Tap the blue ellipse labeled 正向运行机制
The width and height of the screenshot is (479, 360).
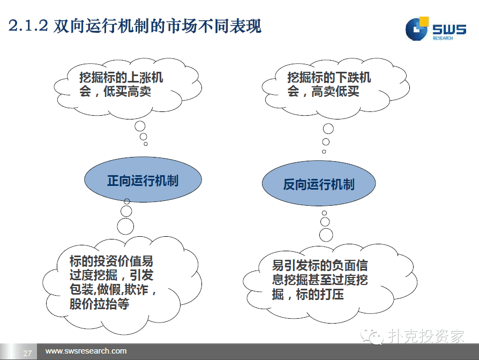click(x=143, y=179)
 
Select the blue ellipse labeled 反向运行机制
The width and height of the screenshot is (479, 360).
click(x=319, y=183)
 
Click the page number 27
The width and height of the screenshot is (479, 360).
click(x=27, y=353)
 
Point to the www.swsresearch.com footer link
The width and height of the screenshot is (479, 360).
click(x=86, y=351)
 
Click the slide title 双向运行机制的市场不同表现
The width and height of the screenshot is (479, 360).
click(x=158, y=26)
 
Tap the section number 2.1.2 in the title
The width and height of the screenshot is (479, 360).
click(x=28, y=26)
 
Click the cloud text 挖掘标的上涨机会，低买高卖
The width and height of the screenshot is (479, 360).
click(x=121, y=84)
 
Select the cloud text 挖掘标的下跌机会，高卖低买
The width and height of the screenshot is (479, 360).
click(x=329, y=84)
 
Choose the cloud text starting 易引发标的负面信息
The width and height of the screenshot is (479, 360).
click(x=320, y=280)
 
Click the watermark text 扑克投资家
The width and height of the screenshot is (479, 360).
click(x=426, y=336)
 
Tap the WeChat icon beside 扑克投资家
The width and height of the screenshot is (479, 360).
click(x=371, y=336)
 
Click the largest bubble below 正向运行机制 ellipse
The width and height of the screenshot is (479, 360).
click(x=125, y=227)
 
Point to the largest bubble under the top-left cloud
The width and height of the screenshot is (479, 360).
click(x=140, y=126)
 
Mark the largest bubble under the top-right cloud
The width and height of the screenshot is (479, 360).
click(x=328, y=129)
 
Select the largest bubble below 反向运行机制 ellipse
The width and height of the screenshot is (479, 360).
click(x=326, y=235)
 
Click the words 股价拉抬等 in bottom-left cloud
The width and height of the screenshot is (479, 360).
click(x=99, y=304)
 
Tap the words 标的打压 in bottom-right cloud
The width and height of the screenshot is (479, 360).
click(x=320, y=294)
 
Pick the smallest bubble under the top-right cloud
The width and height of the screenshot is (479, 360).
click(x=324, y=152)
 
